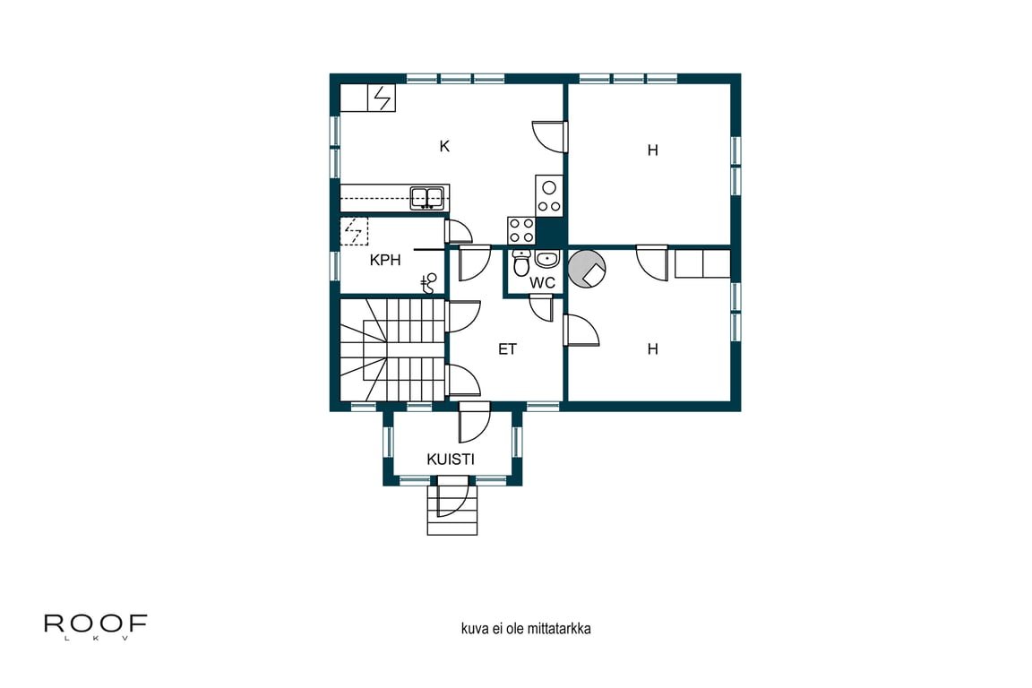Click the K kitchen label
point(444,146)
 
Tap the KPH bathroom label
point(385,261)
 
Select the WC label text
point(543,282)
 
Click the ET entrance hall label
point(508,349)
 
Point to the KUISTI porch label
point(451,460)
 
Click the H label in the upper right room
point(653,150)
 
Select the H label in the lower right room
point(653,349)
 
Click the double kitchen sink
point(428,197)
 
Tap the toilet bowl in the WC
point(520,264)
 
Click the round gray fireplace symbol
point(589,269)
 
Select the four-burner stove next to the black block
point(521,230)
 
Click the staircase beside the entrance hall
point(392,349)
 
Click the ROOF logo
point(95,625)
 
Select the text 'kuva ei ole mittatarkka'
point(526,629)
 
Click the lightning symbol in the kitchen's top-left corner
point(383,97)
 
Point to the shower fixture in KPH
point(431,283)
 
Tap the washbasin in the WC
point(546,261)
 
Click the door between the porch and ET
point(473,423)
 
